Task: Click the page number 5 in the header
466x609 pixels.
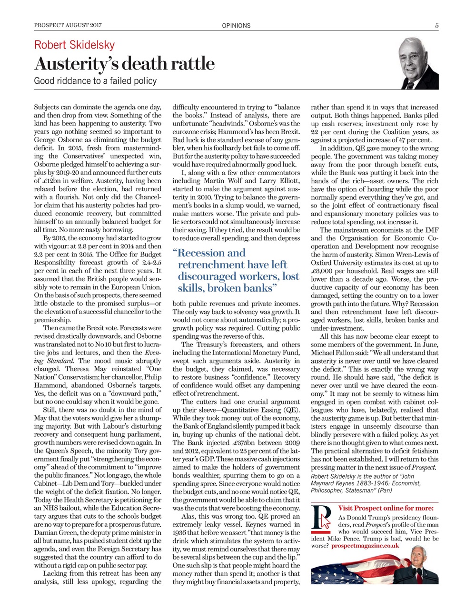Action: point(436,26)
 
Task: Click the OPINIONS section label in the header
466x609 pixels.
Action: point(236,26)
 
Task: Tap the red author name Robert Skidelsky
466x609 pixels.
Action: point(74,45)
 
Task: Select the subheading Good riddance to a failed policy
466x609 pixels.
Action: point(95,81)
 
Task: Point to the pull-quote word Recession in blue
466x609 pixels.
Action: point(211,253)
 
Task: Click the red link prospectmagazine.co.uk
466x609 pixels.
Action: point(365,546)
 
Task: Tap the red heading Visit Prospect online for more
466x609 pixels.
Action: point(386,508)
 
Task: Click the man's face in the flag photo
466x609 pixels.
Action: point(418,561)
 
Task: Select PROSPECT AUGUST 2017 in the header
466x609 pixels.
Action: point(68,26)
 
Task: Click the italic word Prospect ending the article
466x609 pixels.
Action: point(425,467)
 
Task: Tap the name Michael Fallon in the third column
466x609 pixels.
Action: point(332,353)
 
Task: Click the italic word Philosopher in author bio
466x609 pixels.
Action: point(329,490)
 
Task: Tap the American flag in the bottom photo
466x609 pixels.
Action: point(352,571)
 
